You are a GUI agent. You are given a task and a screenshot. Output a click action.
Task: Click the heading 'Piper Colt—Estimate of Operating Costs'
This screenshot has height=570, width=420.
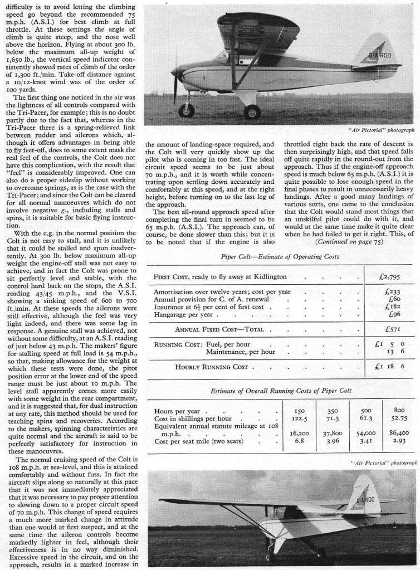279,257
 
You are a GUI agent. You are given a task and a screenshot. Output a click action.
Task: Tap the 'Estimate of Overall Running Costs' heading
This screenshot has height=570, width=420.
279,392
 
